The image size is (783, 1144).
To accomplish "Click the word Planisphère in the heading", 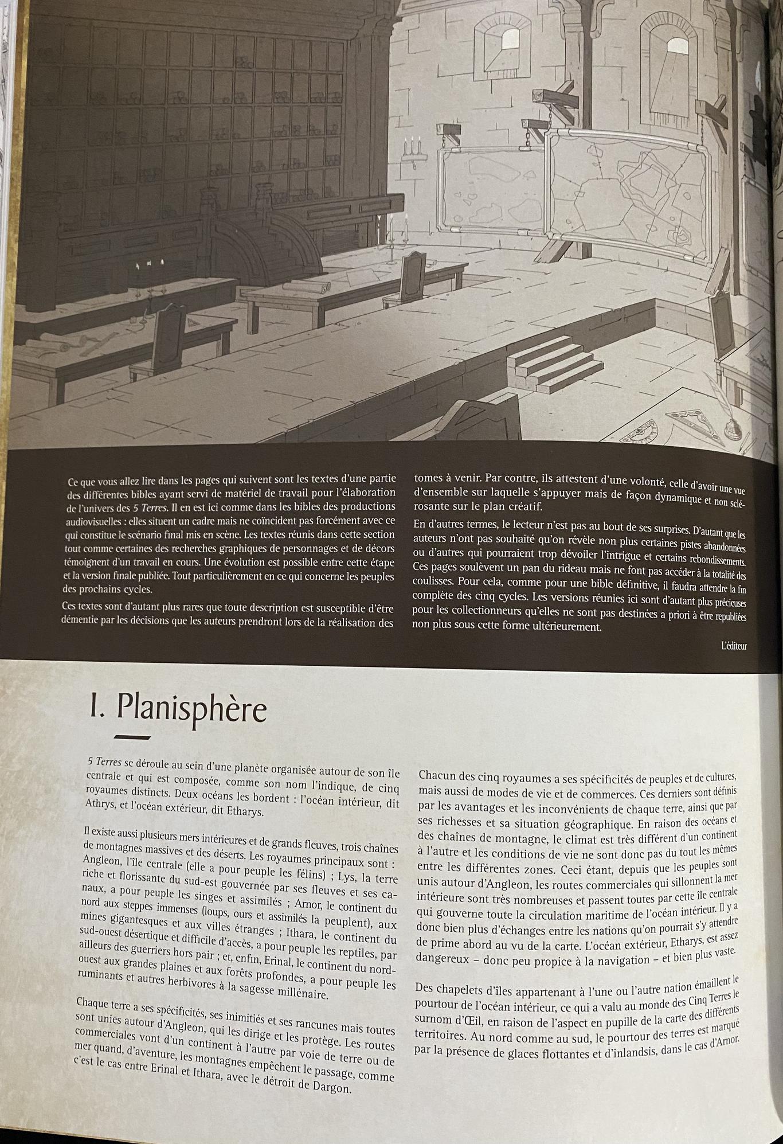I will coord(191,709).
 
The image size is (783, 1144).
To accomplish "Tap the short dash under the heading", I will coord(132,738).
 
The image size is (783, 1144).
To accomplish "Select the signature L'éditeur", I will coord(734,646).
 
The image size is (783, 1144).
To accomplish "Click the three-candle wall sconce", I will coord(414,149).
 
